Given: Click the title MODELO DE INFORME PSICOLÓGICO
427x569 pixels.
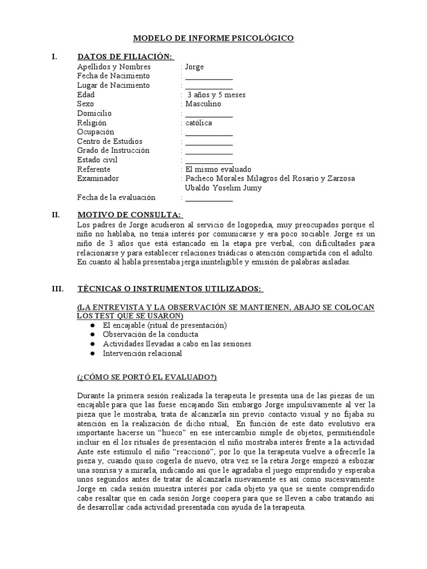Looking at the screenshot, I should [213, 38].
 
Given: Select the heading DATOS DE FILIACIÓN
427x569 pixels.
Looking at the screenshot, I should [126, 57].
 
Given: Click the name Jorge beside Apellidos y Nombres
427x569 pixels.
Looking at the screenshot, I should [195, 67].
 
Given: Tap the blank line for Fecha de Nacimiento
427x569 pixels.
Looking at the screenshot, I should [209, 77].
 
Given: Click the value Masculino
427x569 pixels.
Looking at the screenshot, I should [203, 104].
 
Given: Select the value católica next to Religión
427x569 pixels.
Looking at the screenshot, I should [198, 123].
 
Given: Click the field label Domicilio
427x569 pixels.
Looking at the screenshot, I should [95, 113].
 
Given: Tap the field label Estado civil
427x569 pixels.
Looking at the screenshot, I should [97, 160].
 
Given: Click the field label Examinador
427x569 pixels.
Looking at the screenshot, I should [98, 178].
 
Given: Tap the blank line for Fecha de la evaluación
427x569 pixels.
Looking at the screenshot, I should [209, 198].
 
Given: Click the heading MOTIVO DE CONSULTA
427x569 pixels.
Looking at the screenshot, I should [129, 214].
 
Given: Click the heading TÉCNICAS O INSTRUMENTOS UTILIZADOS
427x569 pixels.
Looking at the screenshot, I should [171, 289].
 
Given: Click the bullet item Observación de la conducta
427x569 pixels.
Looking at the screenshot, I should [151, 335].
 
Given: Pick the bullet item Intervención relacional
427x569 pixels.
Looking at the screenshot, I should [142, 353].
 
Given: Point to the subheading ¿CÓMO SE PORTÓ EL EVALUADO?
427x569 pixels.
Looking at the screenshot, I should [147, 377].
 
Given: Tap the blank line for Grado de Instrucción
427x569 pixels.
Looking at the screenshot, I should [209, 151].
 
